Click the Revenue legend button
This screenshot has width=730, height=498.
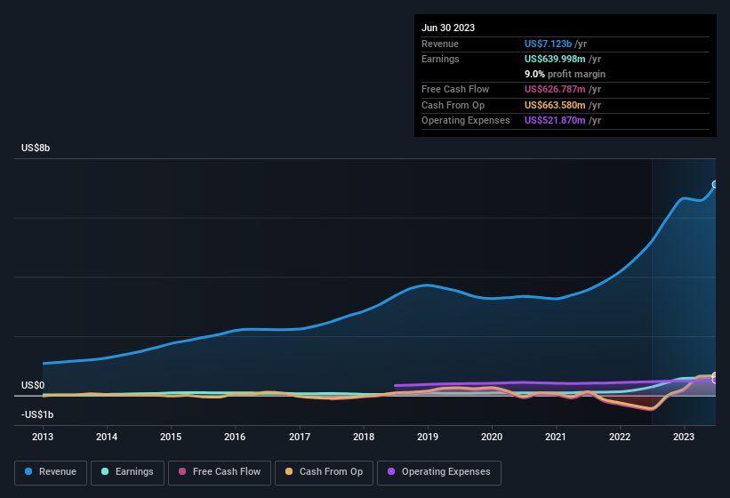[51, 472]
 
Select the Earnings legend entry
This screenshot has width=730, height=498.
[126, 472]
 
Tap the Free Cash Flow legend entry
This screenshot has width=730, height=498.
[219, 472]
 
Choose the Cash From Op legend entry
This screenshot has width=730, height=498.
[323, 472]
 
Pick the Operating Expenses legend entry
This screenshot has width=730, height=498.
[439, 472]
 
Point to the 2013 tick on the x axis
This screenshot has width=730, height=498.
[43, 437]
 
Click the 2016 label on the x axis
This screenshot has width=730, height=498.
[235, 437]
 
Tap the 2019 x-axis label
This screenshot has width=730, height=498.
[428, 437]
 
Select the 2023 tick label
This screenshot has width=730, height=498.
[684, 437]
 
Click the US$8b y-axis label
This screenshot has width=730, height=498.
[36, 148]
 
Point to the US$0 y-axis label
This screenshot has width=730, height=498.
[33, 385]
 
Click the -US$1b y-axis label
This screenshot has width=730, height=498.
[37, 414]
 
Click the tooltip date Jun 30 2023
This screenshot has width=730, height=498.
[448, 28]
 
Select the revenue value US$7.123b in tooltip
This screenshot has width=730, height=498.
[549, 44]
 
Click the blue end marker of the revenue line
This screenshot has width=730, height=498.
[715, 185]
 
